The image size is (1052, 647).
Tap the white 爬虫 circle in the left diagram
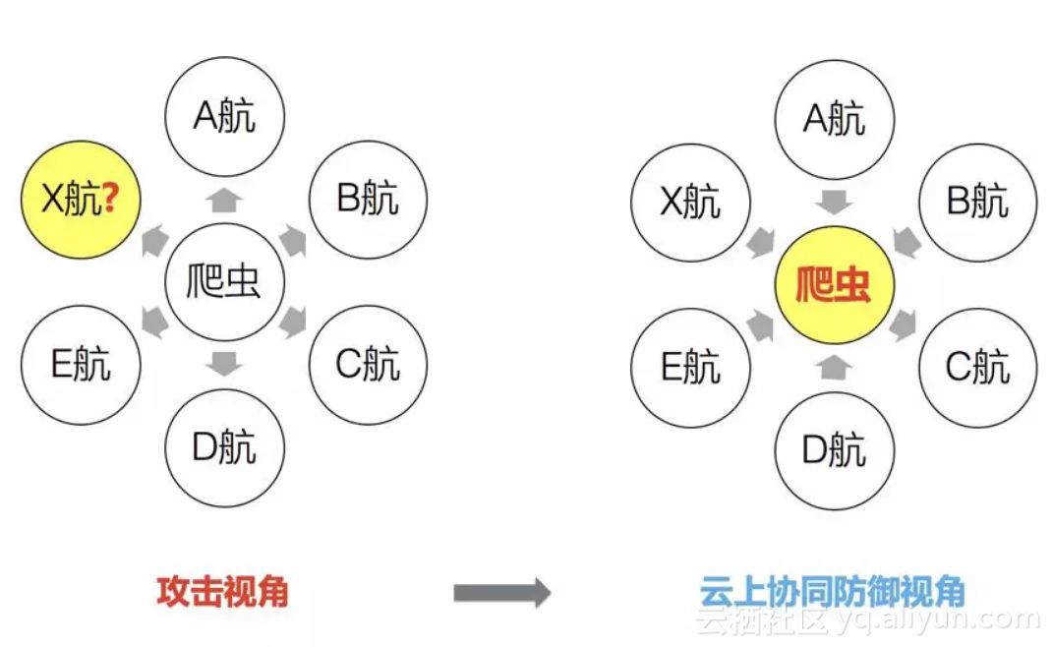coord(225,282)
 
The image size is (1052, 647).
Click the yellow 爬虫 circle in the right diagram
coord(835,286)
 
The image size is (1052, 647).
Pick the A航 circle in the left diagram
coord(225,117)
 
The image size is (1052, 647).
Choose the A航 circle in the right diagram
coord(835,119)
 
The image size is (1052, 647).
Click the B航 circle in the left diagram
coord(368,200)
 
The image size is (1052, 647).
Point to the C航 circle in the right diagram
coord(977,367)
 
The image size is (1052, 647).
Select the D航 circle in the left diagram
coord(225,448)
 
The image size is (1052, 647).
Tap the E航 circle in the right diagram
coord(690,368)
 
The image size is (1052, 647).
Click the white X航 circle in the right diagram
coord(690,203)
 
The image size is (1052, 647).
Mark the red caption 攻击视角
coord(222,591)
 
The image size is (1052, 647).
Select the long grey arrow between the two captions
coord(501,592)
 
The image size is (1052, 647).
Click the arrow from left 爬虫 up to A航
coord(225,201)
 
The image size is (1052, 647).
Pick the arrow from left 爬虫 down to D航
coord(225,364)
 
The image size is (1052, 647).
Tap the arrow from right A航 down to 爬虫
coord(835,203)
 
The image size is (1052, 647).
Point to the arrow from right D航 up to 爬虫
coord(835,367)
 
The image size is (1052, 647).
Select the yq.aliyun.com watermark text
coord(939,620)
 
